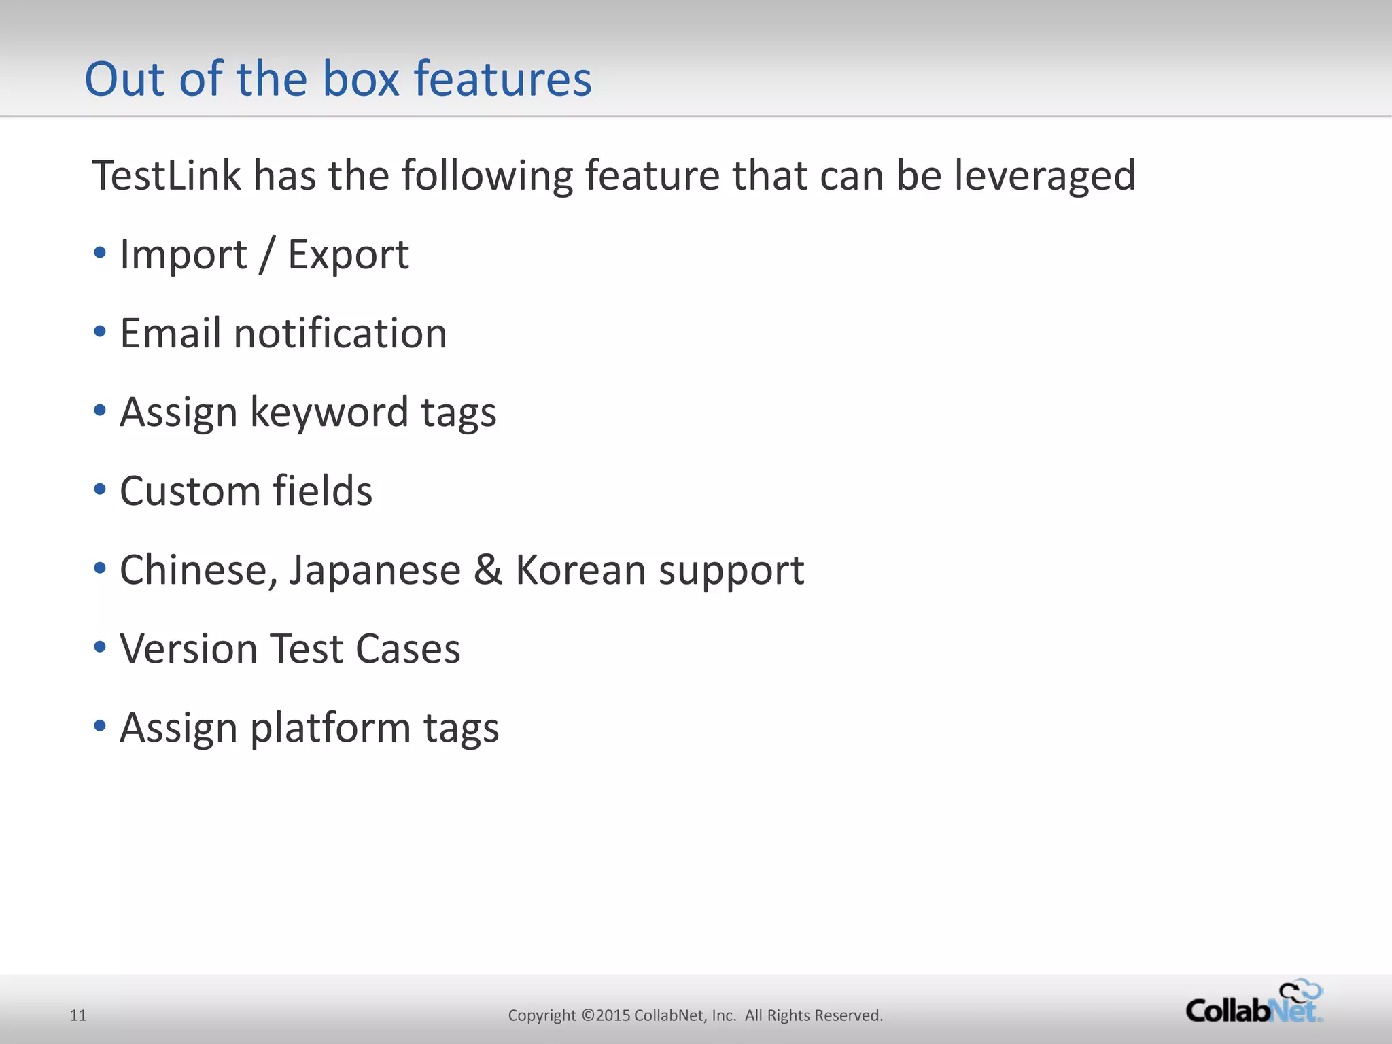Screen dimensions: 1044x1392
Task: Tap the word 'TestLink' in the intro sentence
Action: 167,175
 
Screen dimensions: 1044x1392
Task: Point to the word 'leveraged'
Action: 1045,175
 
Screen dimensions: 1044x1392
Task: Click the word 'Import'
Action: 184,255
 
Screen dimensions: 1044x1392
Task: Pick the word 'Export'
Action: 348,255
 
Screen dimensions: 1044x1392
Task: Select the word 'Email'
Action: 170,334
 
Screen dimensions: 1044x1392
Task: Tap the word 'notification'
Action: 341,334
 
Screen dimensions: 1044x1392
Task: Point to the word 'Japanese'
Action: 375,570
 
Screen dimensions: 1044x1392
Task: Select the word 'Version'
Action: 188,649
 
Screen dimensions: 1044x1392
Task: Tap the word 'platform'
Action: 330,728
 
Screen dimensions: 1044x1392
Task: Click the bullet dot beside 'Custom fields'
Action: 100,489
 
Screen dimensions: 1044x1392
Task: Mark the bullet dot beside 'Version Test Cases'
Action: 100,647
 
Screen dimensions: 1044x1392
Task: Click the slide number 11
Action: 78,1015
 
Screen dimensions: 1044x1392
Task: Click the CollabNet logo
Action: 1254,1003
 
